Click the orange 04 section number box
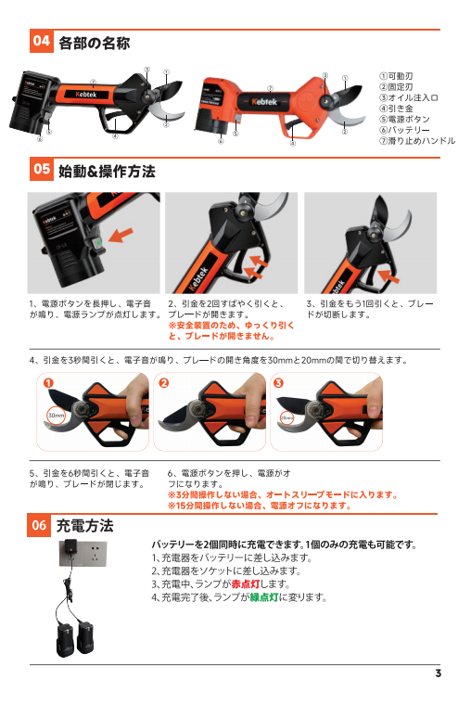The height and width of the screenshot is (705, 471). (42, 41)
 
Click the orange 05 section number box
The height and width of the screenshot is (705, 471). (42, 169)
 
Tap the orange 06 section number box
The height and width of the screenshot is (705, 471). (39, 525)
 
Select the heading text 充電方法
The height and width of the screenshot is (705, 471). (84, 525)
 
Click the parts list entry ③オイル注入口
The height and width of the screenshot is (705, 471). (408, 97)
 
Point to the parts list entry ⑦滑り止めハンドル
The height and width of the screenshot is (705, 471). (417, 141)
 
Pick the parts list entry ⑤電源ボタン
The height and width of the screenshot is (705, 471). (404, 119)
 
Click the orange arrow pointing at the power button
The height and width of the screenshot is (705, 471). (121, 235)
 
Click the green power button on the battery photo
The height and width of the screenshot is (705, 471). (98, 243)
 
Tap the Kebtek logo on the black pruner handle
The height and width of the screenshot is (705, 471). (86, 95)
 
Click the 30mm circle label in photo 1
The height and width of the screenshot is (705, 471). (57, 416)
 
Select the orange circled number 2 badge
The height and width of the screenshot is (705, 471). (164, 382)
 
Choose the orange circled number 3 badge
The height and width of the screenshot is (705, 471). (279, 382)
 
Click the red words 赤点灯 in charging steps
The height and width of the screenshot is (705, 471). (246, 584)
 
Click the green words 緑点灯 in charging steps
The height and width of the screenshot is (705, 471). (264, 597)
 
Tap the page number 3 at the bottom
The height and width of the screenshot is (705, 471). (439, 673)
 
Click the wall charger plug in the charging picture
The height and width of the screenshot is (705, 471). (70, 548)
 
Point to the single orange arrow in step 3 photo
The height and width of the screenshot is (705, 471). (388, 276)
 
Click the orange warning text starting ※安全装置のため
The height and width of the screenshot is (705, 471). (231, 330)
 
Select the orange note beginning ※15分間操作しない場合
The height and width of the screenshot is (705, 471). (260, 506)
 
